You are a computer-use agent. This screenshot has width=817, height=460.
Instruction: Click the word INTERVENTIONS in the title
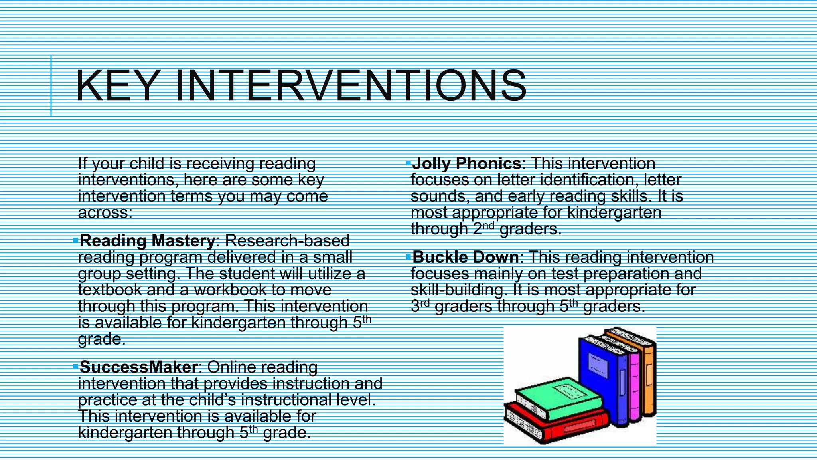pyautogui.click(x=351, y=86)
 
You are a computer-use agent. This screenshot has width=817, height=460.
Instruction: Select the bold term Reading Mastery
pyautogui.click(x=148, y=241)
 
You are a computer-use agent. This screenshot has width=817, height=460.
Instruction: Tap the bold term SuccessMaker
pyautogui.click(x=138, y=367)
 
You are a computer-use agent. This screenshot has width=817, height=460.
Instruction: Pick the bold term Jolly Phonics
pyautogui.click(x=466, y=163)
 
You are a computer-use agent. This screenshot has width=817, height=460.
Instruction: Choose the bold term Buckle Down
pyautogui.click(x=466, y=257)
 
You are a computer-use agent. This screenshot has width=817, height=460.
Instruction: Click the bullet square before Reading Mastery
pyautogui.click(x=76, y=240)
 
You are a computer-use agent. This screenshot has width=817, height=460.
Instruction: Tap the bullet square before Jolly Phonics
pyautogui.click(x=408, y=163)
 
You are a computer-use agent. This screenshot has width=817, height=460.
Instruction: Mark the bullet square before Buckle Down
pyautogui.click(x=408, y=256)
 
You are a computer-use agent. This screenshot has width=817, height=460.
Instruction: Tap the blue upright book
pyautogui.click(x=602, y=375)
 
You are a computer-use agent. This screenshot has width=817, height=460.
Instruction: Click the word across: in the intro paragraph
pyautogui.click(x=105, y=213)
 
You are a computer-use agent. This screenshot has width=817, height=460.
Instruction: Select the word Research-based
pyautogui.click(x=287, y=241)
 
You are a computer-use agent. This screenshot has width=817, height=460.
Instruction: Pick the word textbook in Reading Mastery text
pyautogui.click(x=110, y=290)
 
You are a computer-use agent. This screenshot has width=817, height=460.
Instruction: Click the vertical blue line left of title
pyautogui.click(x=51, y=86)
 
